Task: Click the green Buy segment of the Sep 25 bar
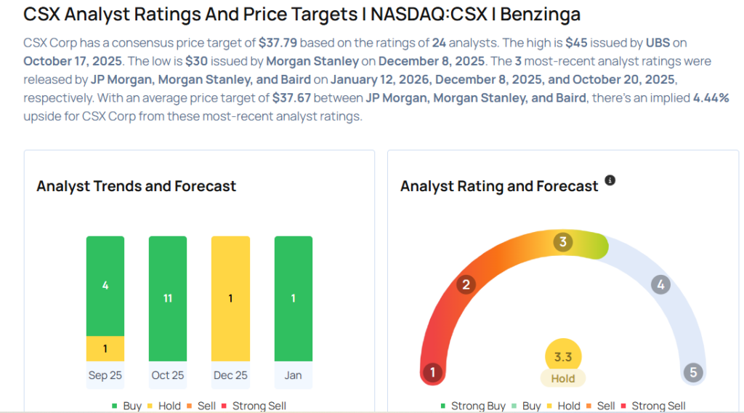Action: click(x=105, y=286)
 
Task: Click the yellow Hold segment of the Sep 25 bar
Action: click(x=105, y=348)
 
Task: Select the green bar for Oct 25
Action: click(x=168, y=298)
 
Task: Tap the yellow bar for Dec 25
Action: click(x=230, y=298)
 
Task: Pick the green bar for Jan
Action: click(x=294, y=298)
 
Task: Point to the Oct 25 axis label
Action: click(x=168, y=375)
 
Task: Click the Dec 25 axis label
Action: click(x=230, y=375)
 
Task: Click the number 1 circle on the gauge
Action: click(x=432, y=373)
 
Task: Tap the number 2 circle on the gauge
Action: click(x=466, y=284)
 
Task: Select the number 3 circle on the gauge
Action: click(x=562, y=242)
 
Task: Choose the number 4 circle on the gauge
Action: click(x=660, y=284)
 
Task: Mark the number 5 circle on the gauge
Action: click(x=693, y=373)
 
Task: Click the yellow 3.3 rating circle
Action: click(x=563, y=357)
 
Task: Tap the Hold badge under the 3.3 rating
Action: click(x=563, y=378)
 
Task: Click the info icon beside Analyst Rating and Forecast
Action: click(x=610, y=180)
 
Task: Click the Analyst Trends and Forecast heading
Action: click(x=136, y=186)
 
